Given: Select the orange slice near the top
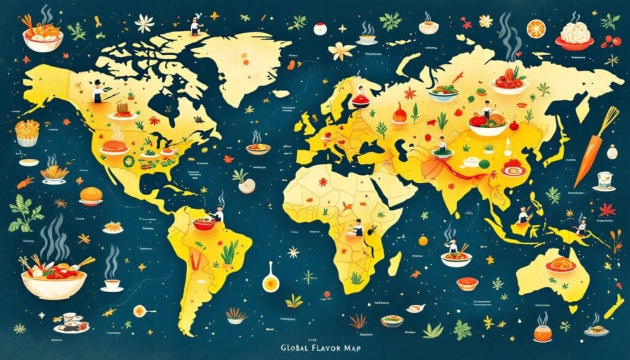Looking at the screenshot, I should pos(536,28).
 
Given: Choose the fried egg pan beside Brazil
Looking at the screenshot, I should pos(269,280).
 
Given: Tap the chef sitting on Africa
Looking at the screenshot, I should pos(357,228).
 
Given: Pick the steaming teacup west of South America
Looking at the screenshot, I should pos(111,282).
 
